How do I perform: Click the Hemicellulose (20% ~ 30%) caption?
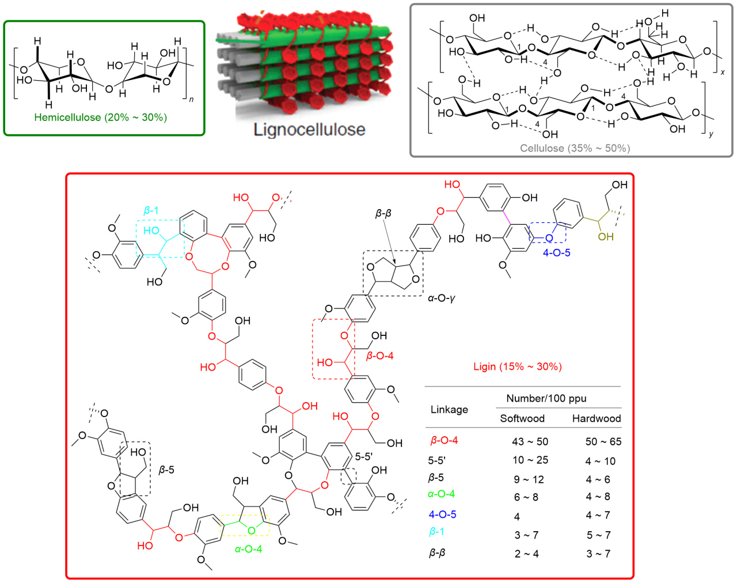[x=101, y=118]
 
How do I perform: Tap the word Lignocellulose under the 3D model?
[x=309, y=130]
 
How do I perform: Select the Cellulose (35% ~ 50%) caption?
[x=575, y=148]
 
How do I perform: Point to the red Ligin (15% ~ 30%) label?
[x=518, y=366]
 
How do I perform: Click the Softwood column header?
[x=522, y=418]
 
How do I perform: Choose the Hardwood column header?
[x=597, y=418]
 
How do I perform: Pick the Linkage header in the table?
[x=449, y=410]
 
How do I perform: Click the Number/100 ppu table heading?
[x=546, y=398]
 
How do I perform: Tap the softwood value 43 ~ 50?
[x=530, y=441]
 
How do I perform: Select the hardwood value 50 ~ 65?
[x=603, y=441]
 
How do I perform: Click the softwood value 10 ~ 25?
[x=530, y=460]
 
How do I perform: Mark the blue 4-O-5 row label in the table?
[x=442, y=514]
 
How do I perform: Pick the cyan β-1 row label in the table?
[x=436, y=532]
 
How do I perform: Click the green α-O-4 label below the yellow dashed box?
[x=248, y=549]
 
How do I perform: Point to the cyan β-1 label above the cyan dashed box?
[x=151, y=210]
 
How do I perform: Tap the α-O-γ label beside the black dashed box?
[x=442, y=298]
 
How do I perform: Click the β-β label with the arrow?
[x=383, y=214]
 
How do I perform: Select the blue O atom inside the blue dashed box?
[x=549, y=238]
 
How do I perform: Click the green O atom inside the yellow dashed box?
[x=252, y=531]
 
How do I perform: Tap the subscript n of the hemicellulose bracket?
[x=191, y=100]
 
